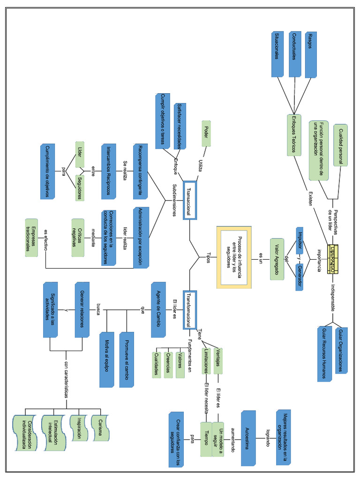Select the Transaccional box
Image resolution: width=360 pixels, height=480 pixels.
pos(189,200)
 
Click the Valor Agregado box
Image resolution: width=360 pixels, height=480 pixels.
pos(277,259)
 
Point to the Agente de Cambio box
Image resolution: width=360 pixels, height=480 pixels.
pos(158,309)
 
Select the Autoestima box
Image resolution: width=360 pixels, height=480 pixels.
pos(248,438)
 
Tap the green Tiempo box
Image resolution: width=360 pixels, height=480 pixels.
pos(207,439)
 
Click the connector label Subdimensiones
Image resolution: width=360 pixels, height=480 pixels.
pos(174,200)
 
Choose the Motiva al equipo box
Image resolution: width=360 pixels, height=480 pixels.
pos(107,360)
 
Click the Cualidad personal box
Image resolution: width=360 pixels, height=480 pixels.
pos(341,145)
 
